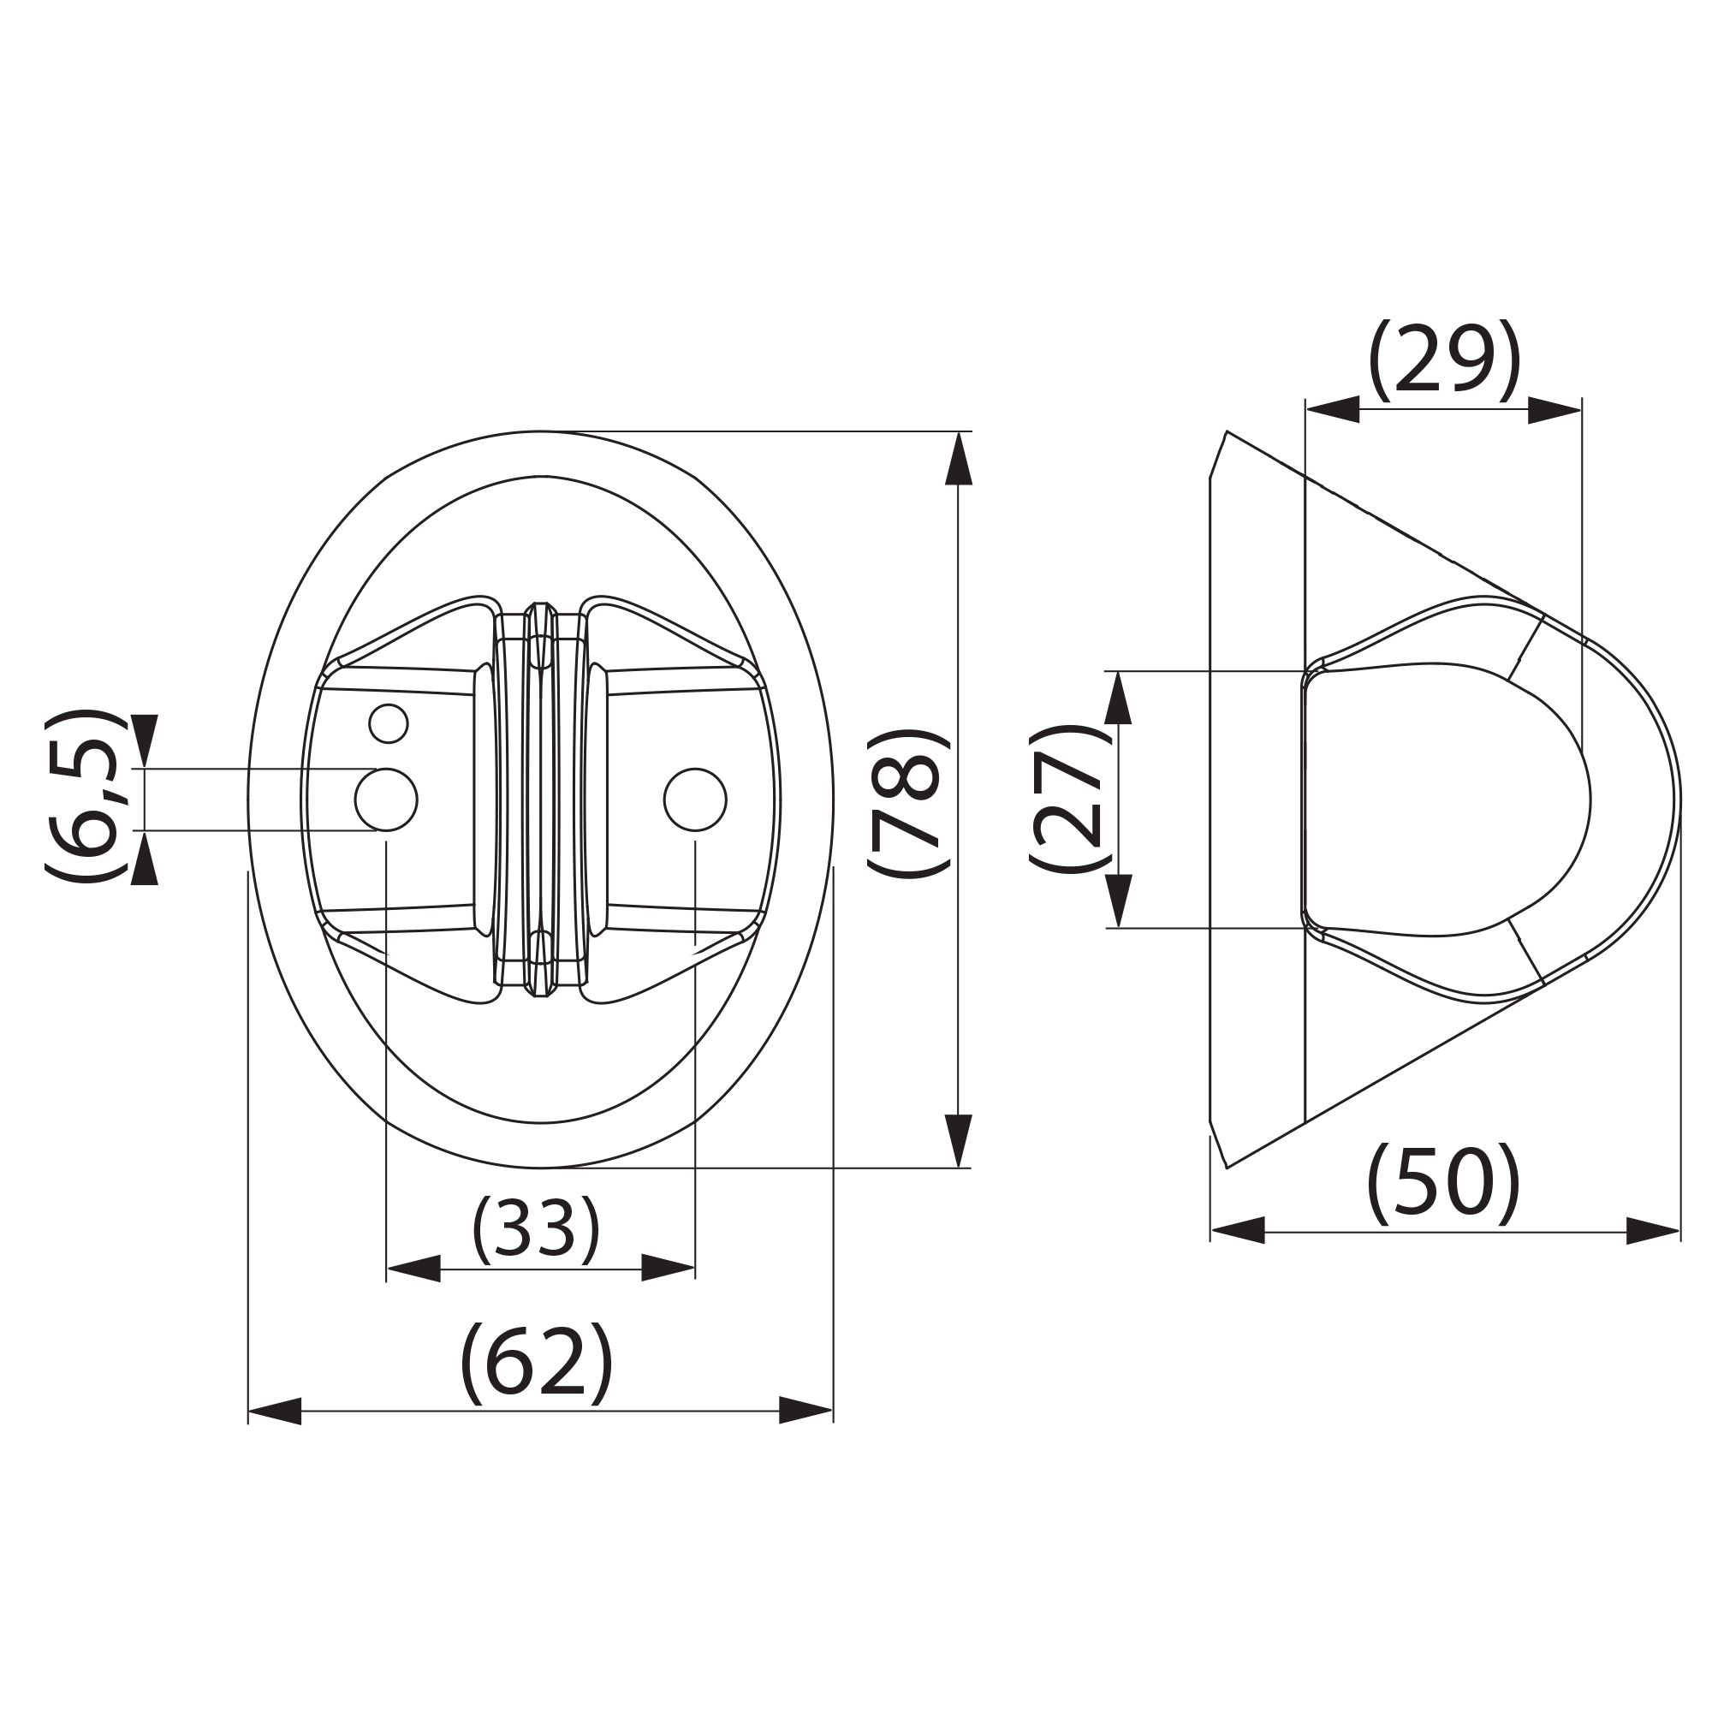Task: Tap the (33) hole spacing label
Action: (x=536, y=1230)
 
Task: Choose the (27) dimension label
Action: (x=1069, y=799)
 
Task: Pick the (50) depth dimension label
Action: (x=1444, y=1184)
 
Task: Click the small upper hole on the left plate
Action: (x=388, y=724)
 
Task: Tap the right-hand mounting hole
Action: (x=696, y=800)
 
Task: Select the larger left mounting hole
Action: (x=386, y=800)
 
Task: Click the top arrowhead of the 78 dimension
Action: (x=959, y=458)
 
